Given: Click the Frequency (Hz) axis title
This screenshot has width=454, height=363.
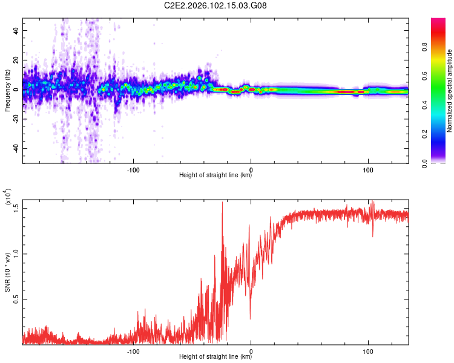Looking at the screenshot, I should pyautogui.click(x=7, y=90).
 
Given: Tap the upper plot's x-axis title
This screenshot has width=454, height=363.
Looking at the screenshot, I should pyautogui.click(x=215, y=175).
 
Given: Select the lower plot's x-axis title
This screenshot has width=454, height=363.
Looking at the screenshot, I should pyautogui.click(x=215, y=357).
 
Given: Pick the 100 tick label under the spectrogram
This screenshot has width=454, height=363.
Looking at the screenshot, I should pyautogui.click(x=367, y=169).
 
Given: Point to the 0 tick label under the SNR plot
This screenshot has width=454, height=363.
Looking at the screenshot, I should pyautogui.click(x=251, y=350).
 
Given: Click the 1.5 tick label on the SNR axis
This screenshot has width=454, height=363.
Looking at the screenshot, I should pyautogui.click(x=15, y=208).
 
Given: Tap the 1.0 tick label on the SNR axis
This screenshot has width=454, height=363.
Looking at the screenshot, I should pyautogui.click(x=15, y=253).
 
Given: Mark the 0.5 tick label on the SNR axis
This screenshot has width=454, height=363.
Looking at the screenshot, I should pyautogui.click(x=15, y=299).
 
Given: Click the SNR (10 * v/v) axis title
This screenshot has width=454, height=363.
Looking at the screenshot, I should pyautogui.click(x=7, y=272).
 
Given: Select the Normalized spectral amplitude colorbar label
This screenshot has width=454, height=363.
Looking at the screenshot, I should pyautogui.click(x=449, y=90).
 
